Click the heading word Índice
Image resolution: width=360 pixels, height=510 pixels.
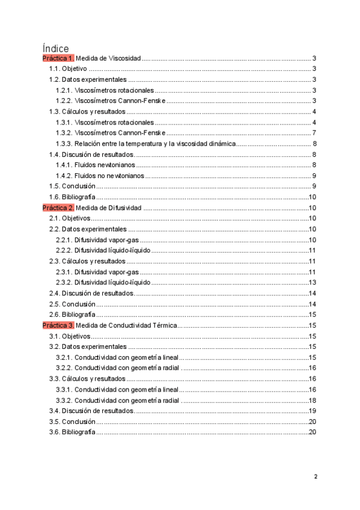pyautogui.click(x=56, y=48)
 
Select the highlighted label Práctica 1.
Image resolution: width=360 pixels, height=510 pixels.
pyautogui.click(x=58, y=59)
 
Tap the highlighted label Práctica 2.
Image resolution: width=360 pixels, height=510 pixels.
pyautogui.click(x=58, y=208)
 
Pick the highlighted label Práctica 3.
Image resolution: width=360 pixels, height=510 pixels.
pyautogui.click(x=58, y=325)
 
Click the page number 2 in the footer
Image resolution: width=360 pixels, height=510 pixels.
pyautogui.click(x=315, y=477)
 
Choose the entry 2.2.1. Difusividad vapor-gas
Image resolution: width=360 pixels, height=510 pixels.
pyautogui.click(x=97, y=240)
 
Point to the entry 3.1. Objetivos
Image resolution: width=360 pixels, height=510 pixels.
pyautogui.click(x=69, y=336)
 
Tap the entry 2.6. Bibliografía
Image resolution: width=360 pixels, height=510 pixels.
pyautogui.click(x=72, y=315)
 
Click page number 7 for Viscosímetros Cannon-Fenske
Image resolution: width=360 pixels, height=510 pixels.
pyautogui.click(x=314, y=133)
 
